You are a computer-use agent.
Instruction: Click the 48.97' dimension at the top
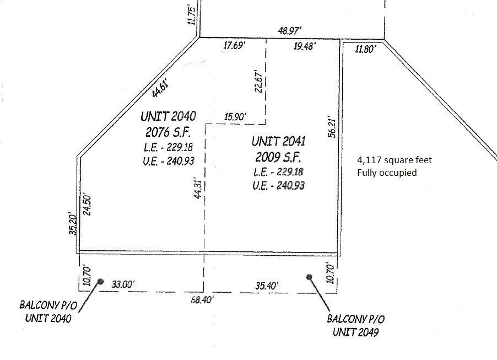pyautogui.click(x=289, y=30)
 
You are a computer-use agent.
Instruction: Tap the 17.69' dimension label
pyautogui.click(x=234, y=45)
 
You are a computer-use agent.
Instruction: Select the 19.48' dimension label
pyautogui.click(x=305, y=46)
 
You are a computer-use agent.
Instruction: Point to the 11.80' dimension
pyautogui.click(x=365, y=49)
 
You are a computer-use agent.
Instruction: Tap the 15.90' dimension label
pyautogui.click(x=235, y=117)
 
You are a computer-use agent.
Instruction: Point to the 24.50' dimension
pyautogui.click(x=87, y=205)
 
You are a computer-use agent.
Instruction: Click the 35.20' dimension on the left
pyautogui.click(x=73, y=224)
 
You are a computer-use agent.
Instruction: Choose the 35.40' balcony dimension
pyautogui.click(x=267, y=286)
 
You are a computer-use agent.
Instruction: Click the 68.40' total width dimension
pyautogui.click(x=202, y=299)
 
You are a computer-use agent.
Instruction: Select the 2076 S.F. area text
pyautogui.click(x=168, y=132)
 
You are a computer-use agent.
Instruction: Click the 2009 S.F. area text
pyautogui.click(x=278, y=157)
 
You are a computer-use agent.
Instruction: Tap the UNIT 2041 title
pyautogui.click(x=278, y=141)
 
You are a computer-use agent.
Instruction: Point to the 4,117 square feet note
pyautogui.click(x=395, y=160)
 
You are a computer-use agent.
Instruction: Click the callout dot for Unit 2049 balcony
pyautogui.click(x=309, y=277)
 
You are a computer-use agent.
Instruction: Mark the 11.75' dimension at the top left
pyautogui.click(x=193, y=14)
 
